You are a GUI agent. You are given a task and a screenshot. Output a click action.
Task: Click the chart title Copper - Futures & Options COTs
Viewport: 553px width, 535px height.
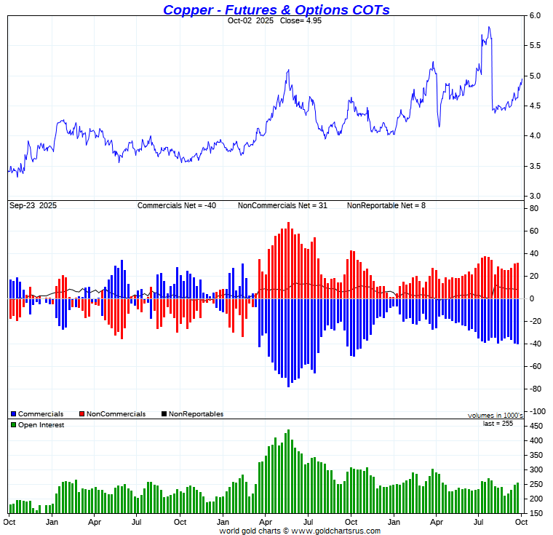tap(276, 9)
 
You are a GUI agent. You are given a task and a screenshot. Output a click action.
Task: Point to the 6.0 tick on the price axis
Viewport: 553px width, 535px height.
tap(534, 15)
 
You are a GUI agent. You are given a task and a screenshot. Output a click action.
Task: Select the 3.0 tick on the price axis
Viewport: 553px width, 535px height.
tap(534, 196)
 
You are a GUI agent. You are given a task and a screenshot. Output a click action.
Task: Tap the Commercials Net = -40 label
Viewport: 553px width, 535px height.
tap(177, 206)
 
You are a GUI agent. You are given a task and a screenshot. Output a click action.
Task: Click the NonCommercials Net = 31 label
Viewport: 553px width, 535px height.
tap(282, 206)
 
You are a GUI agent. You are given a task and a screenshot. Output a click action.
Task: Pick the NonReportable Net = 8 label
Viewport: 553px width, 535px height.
tap(386, 206)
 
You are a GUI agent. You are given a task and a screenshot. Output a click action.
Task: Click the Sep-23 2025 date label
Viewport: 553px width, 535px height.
tap(33, 206)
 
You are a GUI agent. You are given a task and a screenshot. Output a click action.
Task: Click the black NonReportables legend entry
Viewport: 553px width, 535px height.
tap(192, 414)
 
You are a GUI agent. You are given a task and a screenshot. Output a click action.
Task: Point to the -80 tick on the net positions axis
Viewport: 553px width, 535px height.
tap(533, 389)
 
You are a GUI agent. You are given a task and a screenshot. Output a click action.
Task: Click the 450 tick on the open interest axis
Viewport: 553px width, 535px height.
tap(535, 426)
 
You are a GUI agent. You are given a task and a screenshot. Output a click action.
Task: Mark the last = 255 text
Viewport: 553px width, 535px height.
tap(498, 423)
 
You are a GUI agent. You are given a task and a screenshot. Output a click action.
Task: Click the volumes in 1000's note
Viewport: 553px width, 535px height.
tap(495, 415)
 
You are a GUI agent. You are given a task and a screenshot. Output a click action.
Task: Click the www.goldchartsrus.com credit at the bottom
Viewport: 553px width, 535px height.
tap(299, 531)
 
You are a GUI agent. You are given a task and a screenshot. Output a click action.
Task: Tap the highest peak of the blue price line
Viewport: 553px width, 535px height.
tap(489, 27)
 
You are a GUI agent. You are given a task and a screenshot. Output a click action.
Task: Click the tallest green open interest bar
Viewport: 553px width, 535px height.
tap(288, 431)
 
